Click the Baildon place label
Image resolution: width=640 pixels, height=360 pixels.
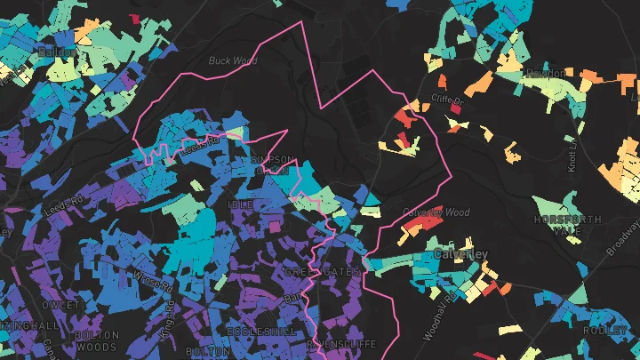click(54, 52)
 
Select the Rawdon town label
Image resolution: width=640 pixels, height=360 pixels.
click(546, 73)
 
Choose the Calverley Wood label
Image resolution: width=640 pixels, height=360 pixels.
click(436, 212)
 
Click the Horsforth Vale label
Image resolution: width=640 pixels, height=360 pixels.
click(568, 225)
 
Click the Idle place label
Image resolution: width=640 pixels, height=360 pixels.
click(241, 204)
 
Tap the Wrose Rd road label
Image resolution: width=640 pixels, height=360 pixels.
click(148, 284)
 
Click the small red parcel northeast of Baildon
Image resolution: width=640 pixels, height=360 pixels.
click(134, 18)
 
